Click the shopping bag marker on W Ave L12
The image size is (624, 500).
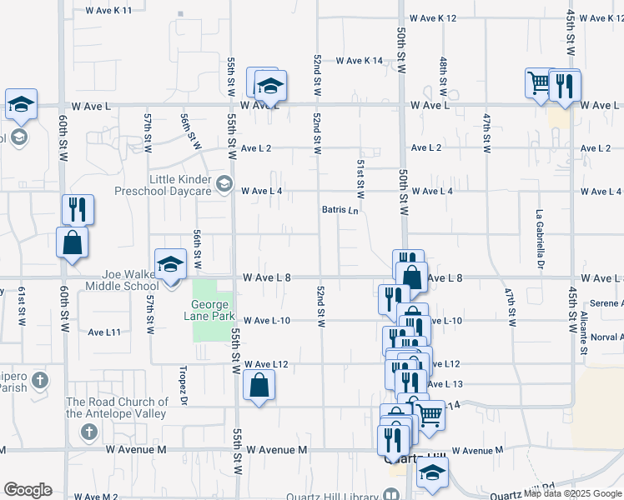point(259,385)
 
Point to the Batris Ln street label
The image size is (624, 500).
point(340,211)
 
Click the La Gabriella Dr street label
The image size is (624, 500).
point(541,238)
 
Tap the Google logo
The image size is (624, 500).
point(28,490)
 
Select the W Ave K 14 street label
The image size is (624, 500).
point(360,61)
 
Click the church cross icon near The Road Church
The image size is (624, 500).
point(88,432)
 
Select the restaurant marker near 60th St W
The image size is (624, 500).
point(77,209)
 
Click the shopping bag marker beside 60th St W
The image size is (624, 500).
point(72,242)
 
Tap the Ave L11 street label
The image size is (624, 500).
point(104,332)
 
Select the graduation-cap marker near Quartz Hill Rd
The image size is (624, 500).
point(431,472)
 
